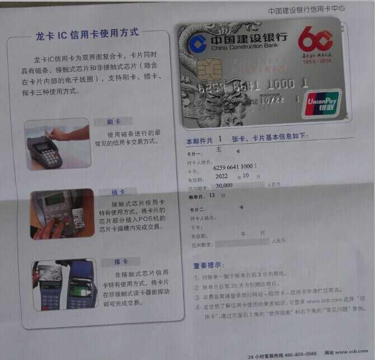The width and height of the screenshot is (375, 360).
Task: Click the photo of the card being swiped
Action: click(57, 144)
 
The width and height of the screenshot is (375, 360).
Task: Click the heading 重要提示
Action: click(208, 264)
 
